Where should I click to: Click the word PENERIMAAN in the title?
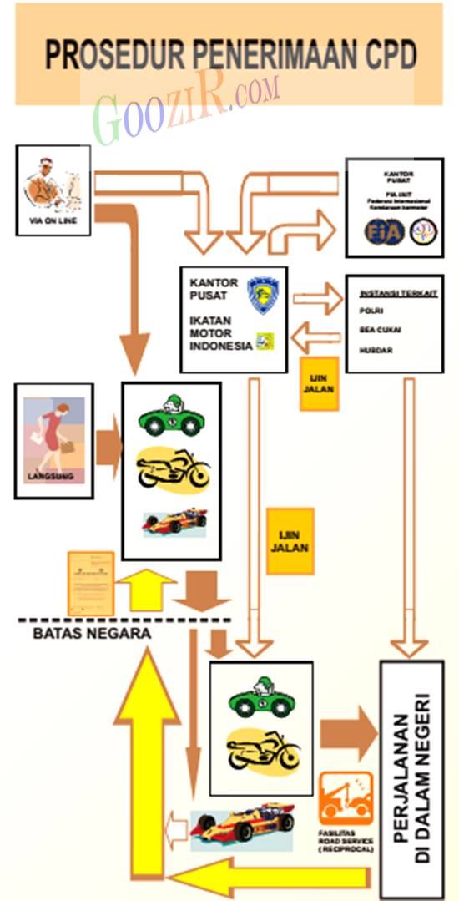[265, 56]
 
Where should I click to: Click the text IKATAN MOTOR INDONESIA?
[219, 333]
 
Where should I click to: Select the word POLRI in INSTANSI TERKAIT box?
[371, 311]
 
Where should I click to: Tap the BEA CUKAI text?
[381, 330]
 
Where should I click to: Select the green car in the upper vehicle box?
[173, 415]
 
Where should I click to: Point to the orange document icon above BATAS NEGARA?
[89, 583]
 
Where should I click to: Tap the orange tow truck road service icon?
[346, 798]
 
